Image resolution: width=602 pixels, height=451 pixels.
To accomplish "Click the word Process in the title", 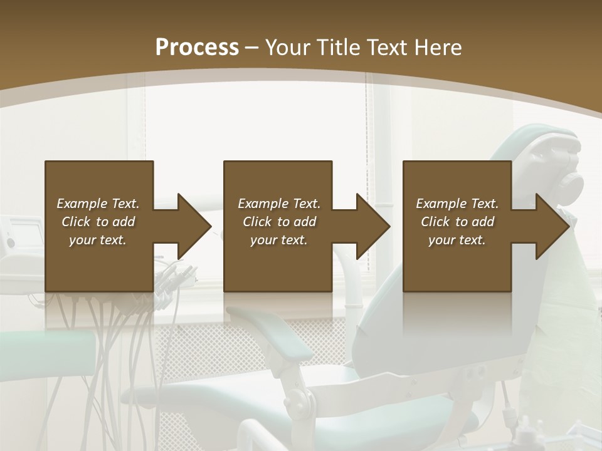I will [x=197, y=48].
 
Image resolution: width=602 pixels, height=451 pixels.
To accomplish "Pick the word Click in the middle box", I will [x=257, y=222].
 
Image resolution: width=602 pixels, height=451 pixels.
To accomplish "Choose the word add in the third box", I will [x=483, y=222].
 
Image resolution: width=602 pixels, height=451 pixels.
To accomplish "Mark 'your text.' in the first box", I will [x=98, y=240].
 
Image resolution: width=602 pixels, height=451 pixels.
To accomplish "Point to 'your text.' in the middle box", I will [x=278, y=240].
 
